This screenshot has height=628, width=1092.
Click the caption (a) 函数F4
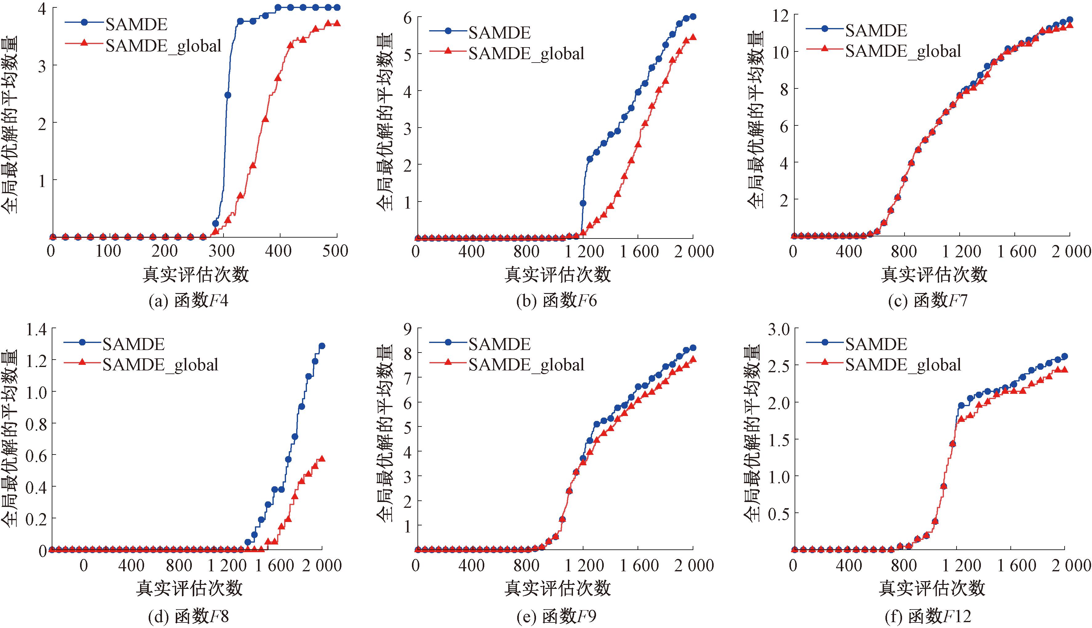188,301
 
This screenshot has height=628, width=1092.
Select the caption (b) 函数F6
556,301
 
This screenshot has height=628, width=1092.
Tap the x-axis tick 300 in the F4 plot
222,251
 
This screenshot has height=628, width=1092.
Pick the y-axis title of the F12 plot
755,434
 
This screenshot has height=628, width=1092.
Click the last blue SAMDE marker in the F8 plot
321,346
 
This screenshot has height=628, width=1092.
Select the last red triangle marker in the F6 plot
693,37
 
